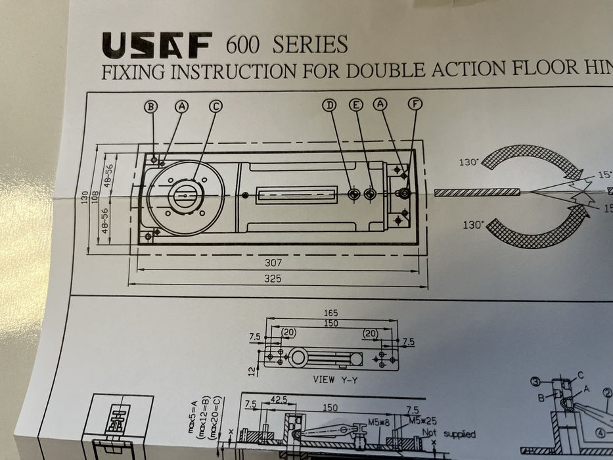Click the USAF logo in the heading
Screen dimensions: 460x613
tap(156, 45)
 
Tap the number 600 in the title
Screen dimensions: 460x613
tap(244, 45)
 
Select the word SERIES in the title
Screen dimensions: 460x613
tap(309, 45)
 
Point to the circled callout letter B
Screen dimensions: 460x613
tap(152, 106)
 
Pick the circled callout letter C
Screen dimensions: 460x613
tap(216, 106)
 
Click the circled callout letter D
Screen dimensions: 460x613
tap(330, 105)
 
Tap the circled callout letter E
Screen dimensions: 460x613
tap(355, 105)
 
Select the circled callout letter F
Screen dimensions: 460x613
tap(414, 104)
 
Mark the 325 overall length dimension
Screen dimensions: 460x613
tap(272, 278)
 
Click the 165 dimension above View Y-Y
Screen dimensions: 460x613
tap(331, 313)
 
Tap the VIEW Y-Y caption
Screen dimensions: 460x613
tap(330, 380)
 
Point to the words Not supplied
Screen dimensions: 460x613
tap(448, 434)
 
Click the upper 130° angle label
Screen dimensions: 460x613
tap(468, 162)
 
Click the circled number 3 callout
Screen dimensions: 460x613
tap(535, 382)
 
